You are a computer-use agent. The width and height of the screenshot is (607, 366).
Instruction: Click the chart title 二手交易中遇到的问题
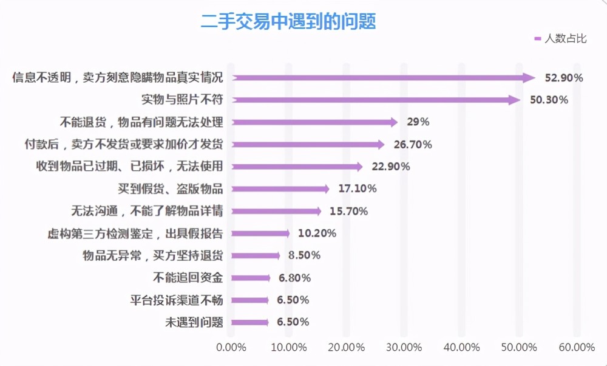pyautogui.click(x=288, y=21)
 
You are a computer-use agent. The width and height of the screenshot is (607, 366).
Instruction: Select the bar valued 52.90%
pyautogui.click(x=384, y=78)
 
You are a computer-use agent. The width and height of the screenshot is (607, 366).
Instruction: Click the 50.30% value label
pyautogui.click(x=549, y=100)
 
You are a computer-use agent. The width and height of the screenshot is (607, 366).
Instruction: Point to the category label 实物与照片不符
pyautogui.click(x=182, y=100)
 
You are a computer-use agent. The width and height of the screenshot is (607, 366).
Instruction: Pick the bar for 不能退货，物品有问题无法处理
pyautogui.click(x=314, y=123)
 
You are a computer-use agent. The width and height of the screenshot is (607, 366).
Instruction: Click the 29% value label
pyautogui.click(x=418, y=122)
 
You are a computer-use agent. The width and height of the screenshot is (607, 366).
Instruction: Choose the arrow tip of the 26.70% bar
pyautogui.click(x=384, y=145)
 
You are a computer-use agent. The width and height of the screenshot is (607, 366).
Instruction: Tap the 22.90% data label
pyautogui.click(x=390, y=167)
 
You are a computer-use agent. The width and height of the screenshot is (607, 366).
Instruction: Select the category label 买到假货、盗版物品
pyautogui.click(x=171, y=189)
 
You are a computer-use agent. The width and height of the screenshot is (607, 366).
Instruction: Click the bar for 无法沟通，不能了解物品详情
pyautogui.click(x=276, y=212)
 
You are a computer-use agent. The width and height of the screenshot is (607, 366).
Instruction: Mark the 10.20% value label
pyautogui.click(x=317, y=233)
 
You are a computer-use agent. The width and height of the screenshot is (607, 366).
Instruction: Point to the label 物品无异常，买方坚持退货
pyautogui.click(x=153, y=255)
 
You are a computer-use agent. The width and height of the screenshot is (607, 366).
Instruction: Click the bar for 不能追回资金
pyautogui.click(x=251, y=278)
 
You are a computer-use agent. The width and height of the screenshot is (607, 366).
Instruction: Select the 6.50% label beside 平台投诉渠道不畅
pyautogui.click(x=293, y=300)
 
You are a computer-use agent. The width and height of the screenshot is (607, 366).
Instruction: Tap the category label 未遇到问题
pyautogui.click(x=194, y=322)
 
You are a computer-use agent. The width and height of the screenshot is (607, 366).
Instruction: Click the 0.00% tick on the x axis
pyautogui.click(x=231, y=347)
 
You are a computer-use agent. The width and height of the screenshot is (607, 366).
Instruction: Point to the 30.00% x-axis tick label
pyautogui.click(x=404, y=347)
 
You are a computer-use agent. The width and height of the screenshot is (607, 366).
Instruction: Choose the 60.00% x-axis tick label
pyautogui.click(x=577, y=347)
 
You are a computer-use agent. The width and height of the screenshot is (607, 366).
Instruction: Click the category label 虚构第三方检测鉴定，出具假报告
pyautogui.click(x=135, y=233)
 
